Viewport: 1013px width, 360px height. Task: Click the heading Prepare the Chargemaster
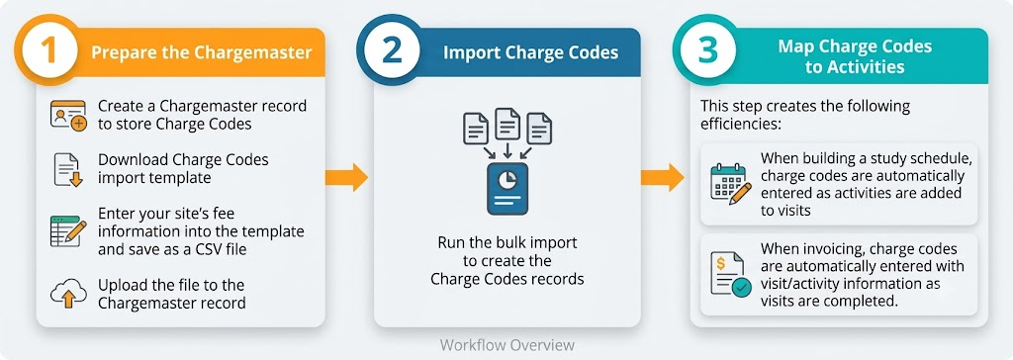(202, 51)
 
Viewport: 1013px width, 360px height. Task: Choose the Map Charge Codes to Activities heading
(854, 56)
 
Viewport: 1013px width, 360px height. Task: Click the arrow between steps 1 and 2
(346, 177)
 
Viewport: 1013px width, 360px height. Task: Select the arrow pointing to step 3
(662, 177)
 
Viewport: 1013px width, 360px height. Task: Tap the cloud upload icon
(68, 294)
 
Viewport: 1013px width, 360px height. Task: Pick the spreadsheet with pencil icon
(68, 230)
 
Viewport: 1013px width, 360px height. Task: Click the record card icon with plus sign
(68, 116)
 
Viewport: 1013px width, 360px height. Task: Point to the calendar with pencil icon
(730, 184)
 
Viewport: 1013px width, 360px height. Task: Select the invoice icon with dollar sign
(730, 274)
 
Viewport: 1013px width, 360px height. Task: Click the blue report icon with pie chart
(507, 189)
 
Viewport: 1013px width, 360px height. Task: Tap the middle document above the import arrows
(507, 124)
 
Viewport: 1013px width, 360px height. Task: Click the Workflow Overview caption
(506, 344)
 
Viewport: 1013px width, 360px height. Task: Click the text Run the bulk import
(507, 243)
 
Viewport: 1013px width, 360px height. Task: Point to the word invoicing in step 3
(831, 249)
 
